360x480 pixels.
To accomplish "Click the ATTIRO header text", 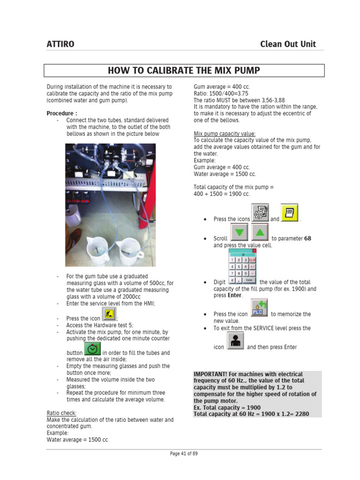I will [60, 44].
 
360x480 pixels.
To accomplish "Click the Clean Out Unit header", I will [288, 44].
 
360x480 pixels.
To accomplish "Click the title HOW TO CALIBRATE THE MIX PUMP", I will [184, 71].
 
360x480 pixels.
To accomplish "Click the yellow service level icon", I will [109, 314].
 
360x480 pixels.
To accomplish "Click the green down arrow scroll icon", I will [239, 232].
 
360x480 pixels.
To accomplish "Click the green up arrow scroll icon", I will [260, 232].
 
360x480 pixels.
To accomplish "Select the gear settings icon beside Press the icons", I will [260, 213].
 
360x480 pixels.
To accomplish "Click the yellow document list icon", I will [289, 213].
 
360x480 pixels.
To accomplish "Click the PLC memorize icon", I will [259, 308].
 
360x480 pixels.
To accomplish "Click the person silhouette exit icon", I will [235, 341].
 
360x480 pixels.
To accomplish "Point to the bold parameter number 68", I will [307, 239].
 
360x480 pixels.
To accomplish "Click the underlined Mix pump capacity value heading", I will [225, 134].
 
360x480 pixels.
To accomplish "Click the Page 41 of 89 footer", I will [184, 454].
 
